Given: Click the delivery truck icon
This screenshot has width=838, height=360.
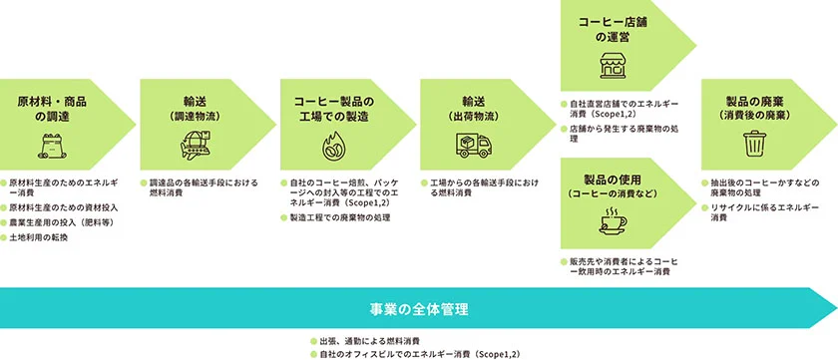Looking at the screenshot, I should click(x=473, y=147).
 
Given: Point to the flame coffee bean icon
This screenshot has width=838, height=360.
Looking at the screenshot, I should click(x=332, y=148).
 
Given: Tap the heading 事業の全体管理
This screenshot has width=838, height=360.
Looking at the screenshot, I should click(x=418, y=306).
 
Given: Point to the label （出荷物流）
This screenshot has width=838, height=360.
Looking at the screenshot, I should click(x=473, y=117).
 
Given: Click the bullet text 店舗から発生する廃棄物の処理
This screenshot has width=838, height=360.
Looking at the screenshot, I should click(x=624, y=129).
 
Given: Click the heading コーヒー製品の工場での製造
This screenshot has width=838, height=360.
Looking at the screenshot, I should click(x=332, y=109).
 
